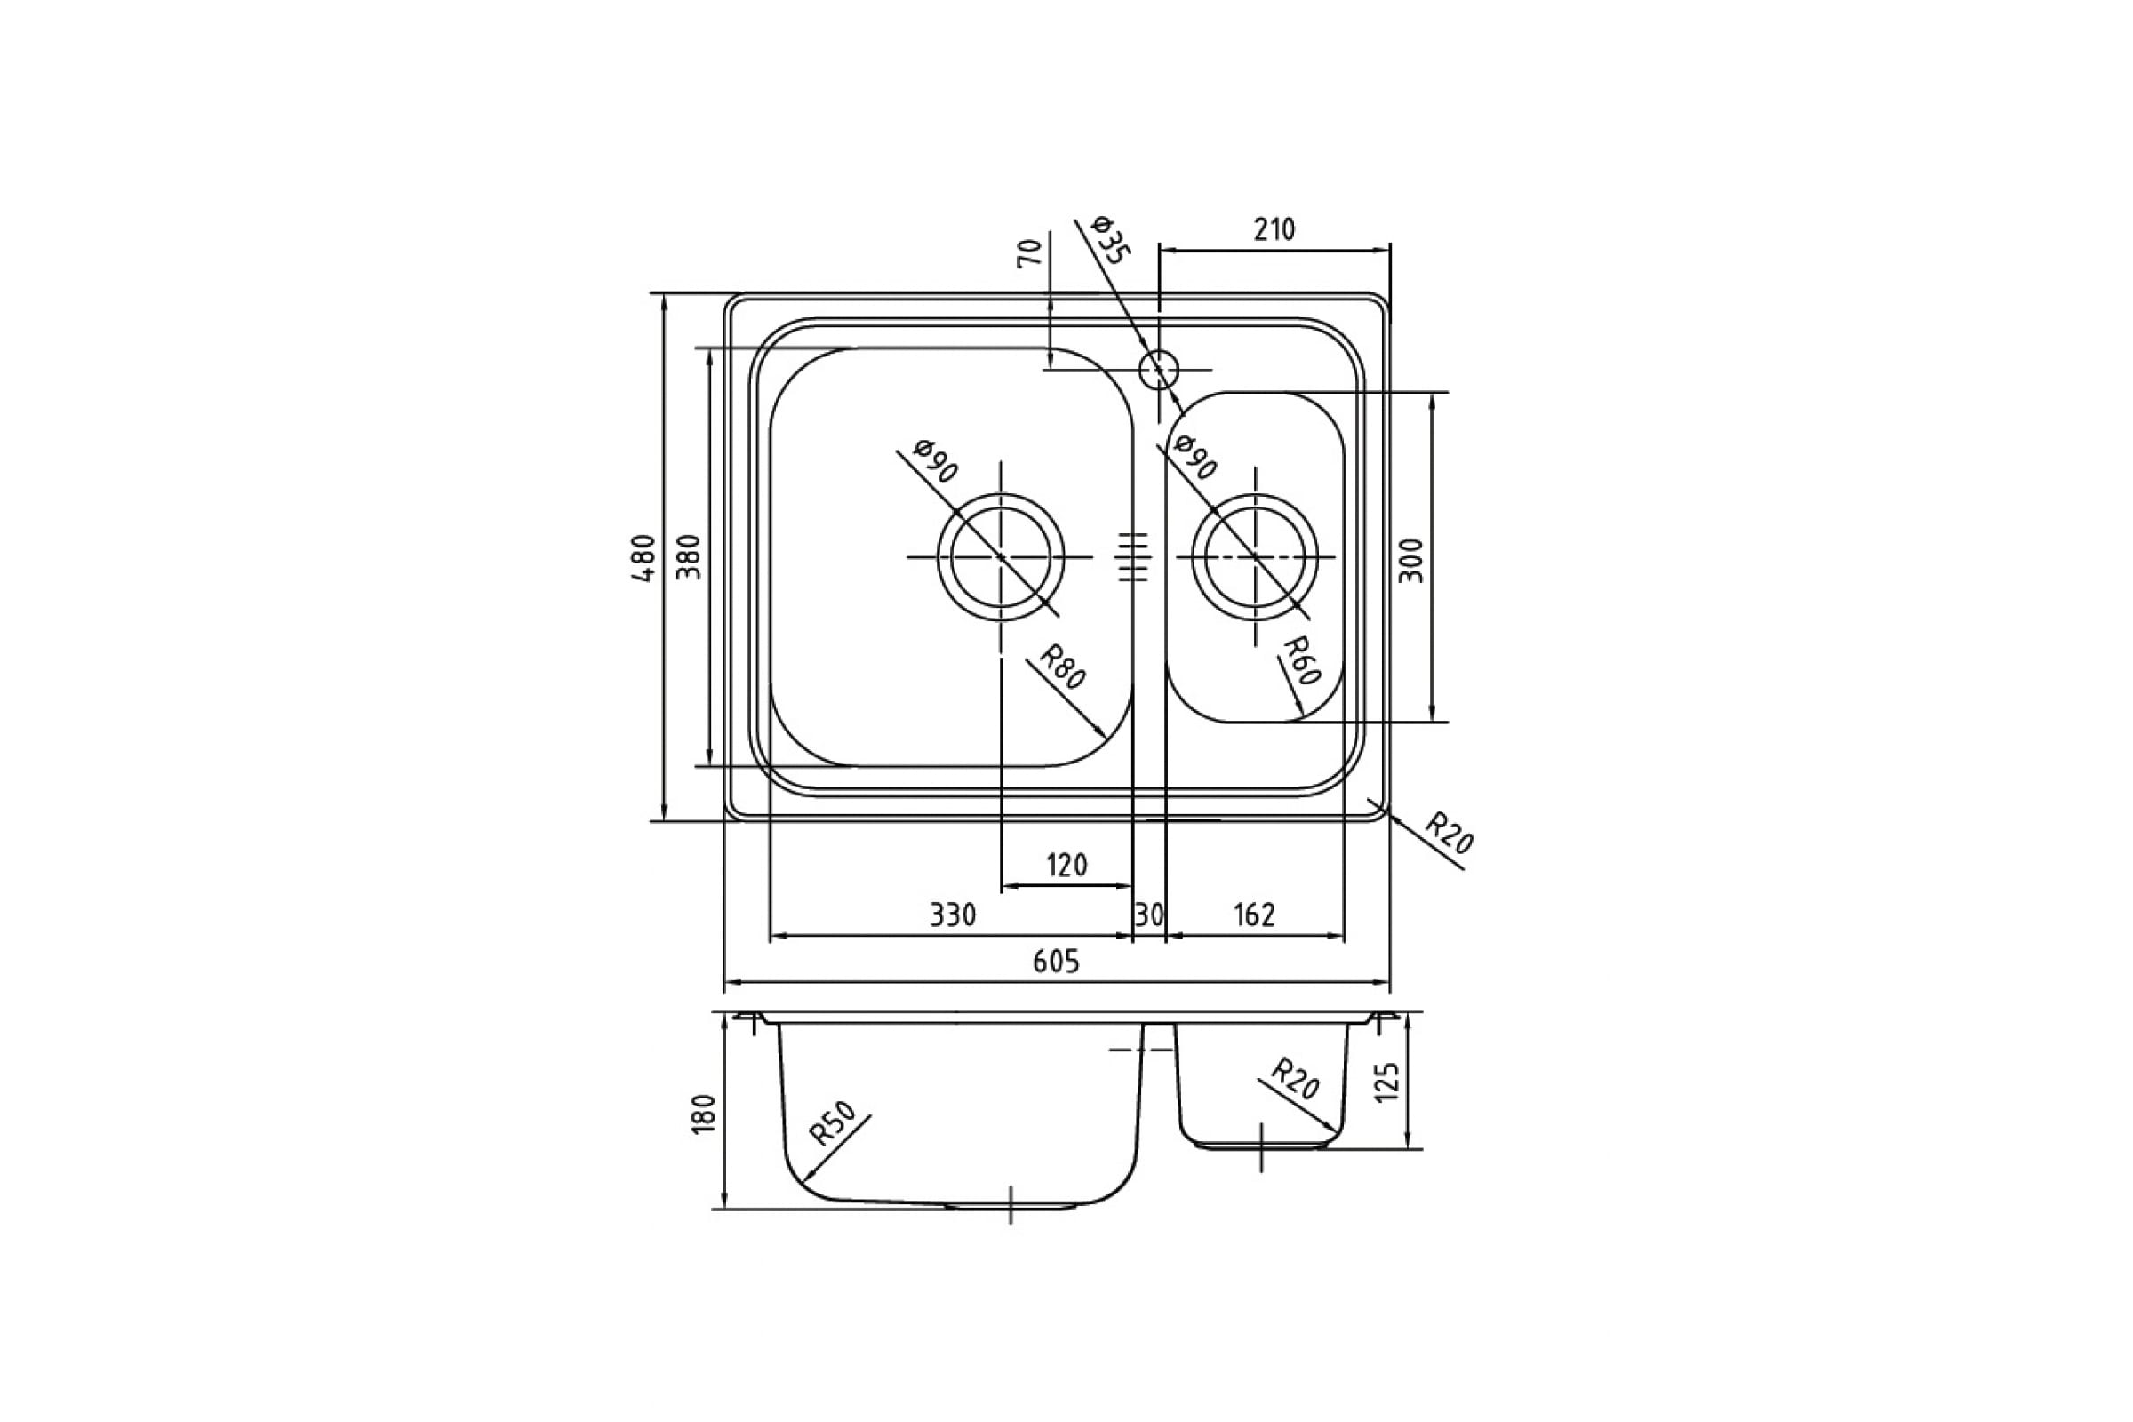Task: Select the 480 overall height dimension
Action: pyautogui.click(x=643, y=558)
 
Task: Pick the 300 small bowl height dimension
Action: pyautogui.click(x=1413, y=561)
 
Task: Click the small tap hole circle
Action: pyautogui.click(x=1159, y=370)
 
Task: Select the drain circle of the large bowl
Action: pyautogui.click(x=1002, y=557)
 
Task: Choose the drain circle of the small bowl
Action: pyautogui.click(x=1255, y=557)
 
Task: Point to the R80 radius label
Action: pyautogui.click(x=1061, y=667)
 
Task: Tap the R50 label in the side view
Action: pyautogui.click(x=833, y=1124)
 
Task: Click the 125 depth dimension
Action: pyautogui.click(x=1388, y=1082)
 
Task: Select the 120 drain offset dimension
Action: pyautogui.click(x=1066, y=865)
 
